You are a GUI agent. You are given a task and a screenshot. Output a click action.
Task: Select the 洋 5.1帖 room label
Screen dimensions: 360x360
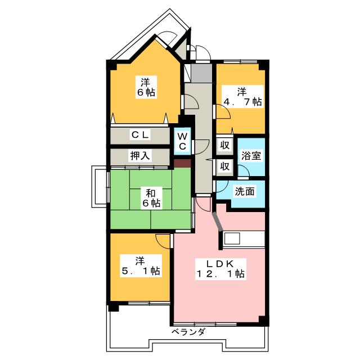click(x=140, y=265)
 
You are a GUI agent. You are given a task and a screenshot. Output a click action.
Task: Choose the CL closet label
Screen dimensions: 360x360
click(x=139, y=135)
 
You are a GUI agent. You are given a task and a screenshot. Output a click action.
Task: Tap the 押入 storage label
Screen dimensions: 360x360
click(x=139, y=156)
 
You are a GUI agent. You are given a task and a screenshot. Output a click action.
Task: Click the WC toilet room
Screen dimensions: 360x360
click(x=183, y=141)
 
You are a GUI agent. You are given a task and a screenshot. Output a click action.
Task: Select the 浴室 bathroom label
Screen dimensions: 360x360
click(x=250, y=156)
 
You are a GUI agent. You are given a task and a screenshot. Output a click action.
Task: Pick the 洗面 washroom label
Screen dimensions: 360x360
click(x=245, y=191)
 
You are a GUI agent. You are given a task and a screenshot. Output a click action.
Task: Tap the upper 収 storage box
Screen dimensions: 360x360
click(x=224, y=145)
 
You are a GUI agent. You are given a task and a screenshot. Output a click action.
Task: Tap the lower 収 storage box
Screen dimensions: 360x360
click(x=224, y=166)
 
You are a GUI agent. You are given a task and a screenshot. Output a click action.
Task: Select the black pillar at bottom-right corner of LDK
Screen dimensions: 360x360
click(x=263, y=321)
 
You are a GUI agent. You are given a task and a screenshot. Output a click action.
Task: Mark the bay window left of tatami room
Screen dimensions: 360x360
click(x=100, y=186)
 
